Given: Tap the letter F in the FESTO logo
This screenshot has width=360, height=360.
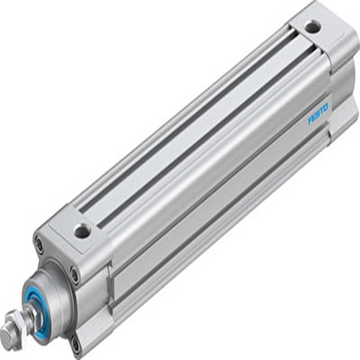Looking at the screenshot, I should [x=311, y=121].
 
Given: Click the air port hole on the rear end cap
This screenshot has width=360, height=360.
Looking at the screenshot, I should [x=313, y=28].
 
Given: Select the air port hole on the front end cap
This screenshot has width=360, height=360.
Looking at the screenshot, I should [x=82, y=231].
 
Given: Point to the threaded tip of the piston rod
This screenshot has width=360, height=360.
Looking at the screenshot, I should [x=6, y=336].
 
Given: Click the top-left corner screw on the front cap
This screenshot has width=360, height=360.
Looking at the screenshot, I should [x=39, y=243].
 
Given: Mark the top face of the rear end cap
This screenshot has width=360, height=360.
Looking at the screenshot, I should [x=312, y=24].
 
